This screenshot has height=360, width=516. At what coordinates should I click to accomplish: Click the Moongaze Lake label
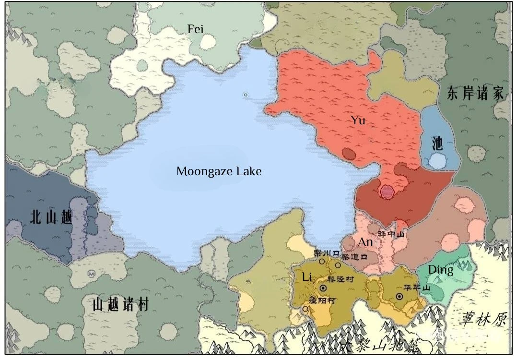pos(219,171)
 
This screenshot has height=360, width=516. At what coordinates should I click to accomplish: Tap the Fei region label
pos(195,29)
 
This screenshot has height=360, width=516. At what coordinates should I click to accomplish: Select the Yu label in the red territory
pos(358,120)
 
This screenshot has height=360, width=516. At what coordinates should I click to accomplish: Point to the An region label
pos(365,242)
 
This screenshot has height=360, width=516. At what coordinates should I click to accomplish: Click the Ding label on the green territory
pos(440,270)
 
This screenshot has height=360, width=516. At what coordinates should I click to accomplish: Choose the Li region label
pos(307,277)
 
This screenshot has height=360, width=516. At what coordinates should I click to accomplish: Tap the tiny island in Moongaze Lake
pos(246,95)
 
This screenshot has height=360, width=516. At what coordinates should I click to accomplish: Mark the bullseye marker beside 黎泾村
pos(323,288)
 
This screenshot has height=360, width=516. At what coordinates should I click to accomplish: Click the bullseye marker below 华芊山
pos(399,297)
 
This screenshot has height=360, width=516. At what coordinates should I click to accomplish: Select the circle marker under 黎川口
pos(322,262)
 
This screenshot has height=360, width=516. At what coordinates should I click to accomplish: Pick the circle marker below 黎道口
pos(338,265)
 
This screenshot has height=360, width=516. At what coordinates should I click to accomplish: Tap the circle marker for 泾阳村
pos(305,309)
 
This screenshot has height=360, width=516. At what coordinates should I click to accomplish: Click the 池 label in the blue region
pos(437,143)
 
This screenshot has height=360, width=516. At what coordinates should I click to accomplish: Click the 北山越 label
pos(51,217)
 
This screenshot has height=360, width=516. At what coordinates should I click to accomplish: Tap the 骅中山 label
pos(392,234)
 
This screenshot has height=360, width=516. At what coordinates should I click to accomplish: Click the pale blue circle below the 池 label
pos(437,161)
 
